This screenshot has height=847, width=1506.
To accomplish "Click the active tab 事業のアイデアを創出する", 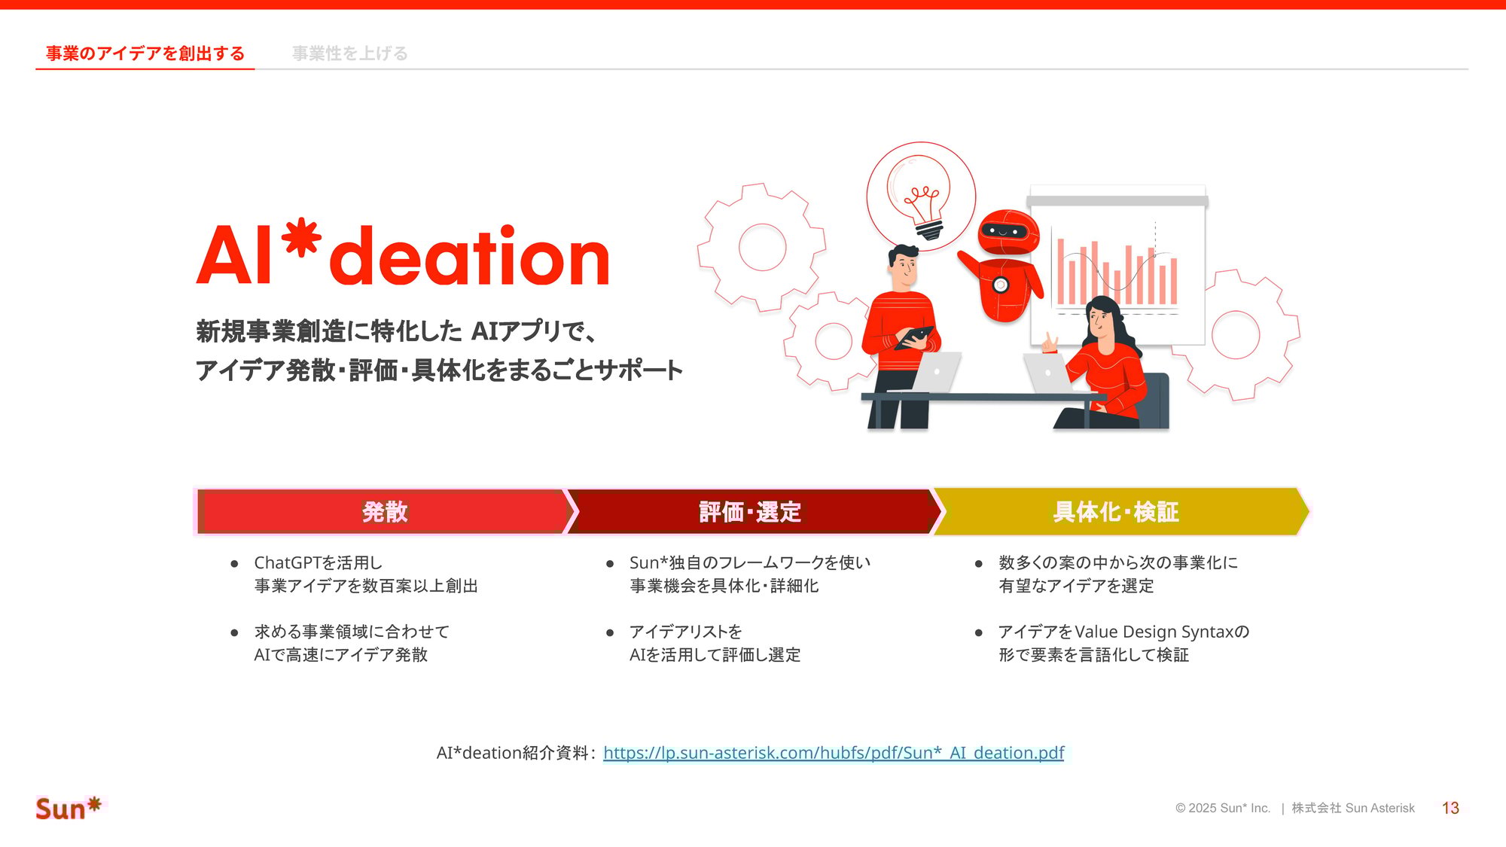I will (145, 53).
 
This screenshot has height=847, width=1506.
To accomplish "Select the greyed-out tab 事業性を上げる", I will (349, 53).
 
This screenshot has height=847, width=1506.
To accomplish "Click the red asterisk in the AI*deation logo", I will (301, 237).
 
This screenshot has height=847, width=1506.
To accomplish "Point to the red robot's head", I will (1007, 233).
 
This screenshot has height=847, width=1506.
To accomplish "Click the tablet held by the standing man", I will (915, 337).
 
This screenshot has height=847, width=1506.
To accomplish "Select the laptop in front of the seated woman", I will (1048, 373).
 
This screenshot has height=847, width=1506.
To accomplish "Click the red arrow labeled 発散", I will (384, 512).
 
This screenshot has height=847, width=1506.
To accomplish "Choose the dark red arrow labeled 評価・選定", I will (750, 512).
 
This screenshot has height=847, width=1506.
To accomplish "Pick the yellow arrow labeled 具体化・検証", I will (1116, 512).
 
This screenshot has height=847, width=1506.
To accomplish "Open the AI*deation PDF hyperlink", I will (834, 753).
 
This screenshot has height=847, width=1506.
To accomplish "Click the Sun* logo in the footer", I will (69, 808).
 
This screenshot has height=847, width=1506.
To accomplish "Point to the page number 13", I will (1450, 808).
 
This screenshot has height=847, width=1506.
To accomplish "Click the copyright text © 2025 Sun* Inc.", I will (1222, 808).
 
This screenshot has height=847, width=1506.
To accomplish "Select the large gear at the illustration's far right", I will (1236, 334).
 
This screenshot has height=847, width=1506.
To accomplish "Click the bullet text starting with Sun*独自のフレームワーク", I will (750, 563).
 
